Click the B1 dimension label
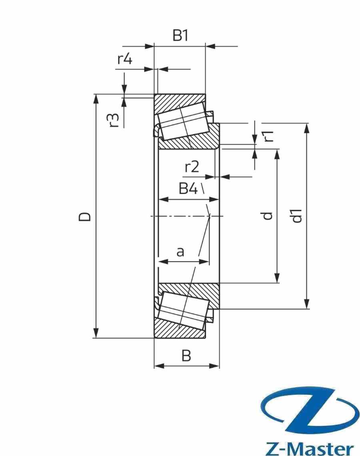click(x=180, y=36)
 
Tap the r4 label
click(x=124, y=59)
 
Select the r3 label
click(x=114, y=120)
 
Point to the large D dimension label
click(x=84, y=216)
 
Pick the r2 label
click(x=192, y=167)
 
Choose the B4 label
click(x=188, y=188)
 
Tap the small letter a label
click(x=180, y=252)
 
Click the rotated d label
click(x=268, y=216)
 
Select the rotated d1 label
click(x=297, y=216)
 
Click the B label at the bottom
click(x=186, y=356)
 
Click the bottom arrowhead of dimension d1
click(x=307, y=304)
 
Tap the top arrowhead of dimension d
click(x=276, y=154)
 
